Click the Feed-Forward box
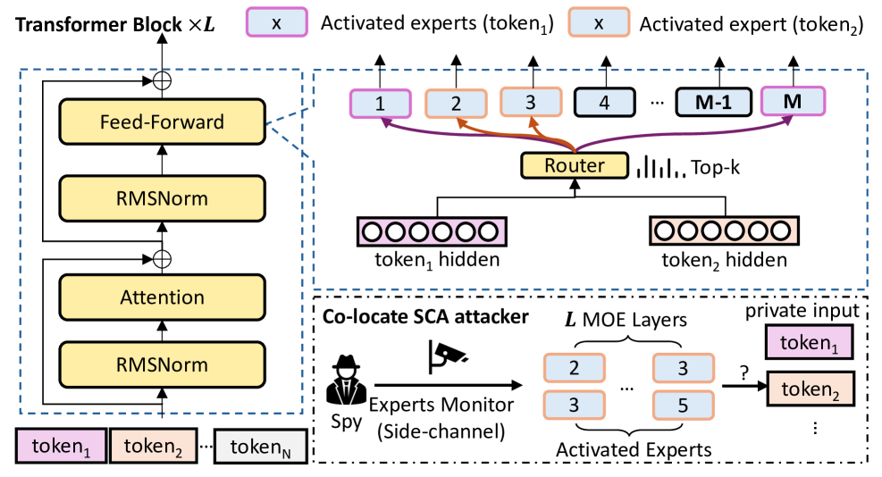click(162, 122)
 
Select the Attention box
click(162, 297)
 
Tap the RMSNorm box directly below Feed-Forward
click(162, 197)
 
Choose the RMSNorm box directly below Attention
click(162, 364)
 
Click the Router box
click(575, 165)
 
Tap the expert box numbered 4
click(604, 103)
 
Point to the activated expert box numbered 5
click(683, 406)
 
